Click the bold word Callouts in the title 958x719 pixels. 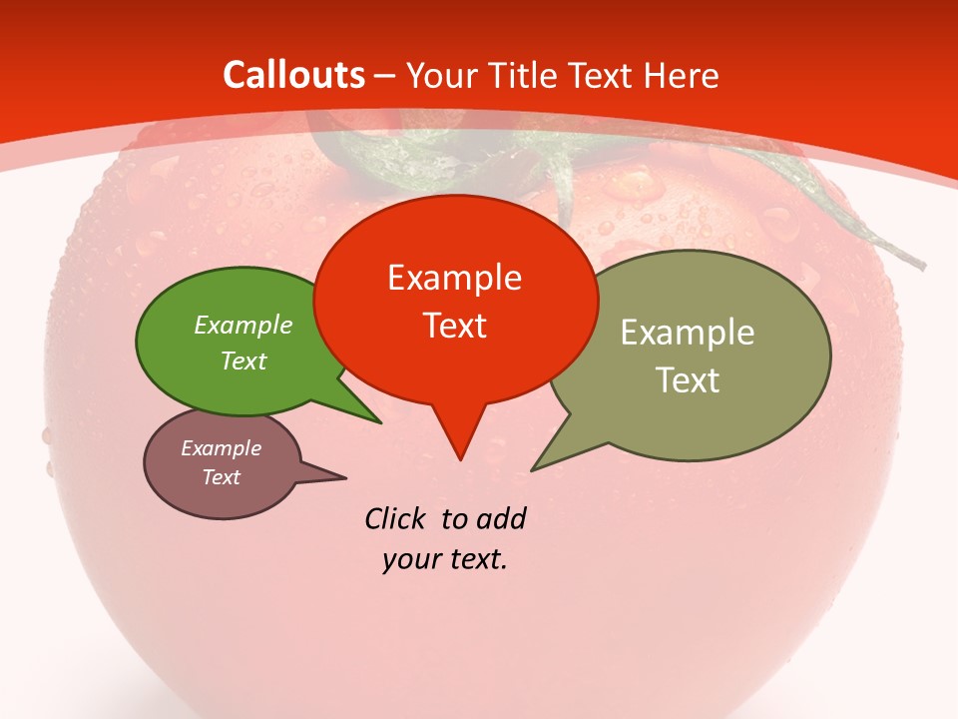point(294,75)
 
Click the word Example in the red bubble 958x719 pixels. point(454,278)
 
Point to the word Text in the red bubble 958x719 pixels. point(454,326)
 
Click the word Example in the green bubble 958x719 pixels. point(243,325)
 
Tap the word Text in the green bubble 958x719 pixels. point(243,360)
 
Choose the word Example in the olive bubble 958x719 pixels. point(688,333)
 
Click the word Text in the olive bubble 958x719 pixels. point(688,380)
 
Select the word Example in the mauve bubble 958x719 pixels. point(222,448)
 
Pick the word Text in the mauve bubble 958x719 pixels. point(222,477)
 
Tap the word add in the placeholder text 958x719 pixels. point(501,519)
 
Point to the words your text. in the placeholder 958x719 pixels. point(445,560)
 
